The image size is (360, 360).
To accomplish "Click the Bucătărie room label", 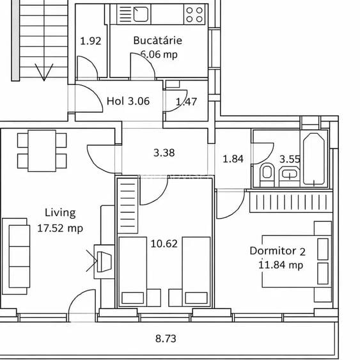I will click(x=157, y=40).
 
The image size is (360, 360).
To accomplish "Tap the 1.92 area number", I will click(x=91, y=42).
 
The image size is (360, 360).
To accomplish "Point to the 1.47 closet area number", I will click(x=186, y=101).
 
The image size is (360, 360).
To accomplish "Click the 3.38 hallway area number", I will click(x=164, y=153).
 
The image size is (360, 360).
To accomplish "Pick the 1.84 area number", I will click(x=233, y=159).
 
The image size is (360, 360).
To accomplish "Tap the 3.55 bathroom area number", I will click(x=290, y=159).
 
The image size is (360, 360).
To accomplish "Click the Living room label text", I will click(x=60, y=213).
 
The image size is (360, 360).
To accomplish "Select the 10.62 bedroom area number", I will click(x=164, y=243).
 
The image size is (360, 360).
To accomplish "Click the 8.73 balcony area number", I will click(x=166, y=339).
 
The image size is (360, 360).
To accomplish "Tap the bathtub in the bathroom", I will click(x=314, y=159).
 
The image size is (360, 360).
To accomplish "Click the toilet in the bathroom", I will click(x=267, y=172).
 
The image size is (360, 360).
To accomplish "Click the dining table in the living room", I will click(x=42, y=150).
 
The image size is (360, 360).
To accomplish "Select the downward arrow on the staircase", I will click(x=43, y=72).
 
